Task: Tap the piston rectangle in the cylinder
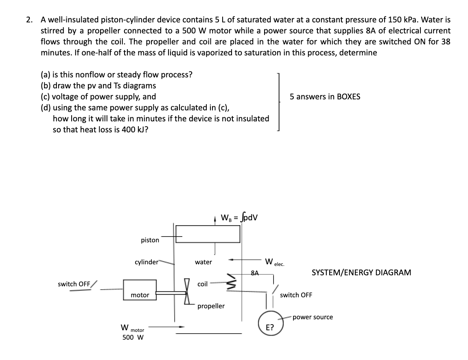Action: point(208,234)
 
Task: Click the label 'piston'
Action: point(150,240)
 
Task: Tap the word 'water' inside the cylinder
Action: point(203,262)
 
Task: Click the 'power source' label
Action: point(312,317)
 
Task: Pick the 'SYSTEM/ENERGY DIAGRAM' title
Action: point(361,272)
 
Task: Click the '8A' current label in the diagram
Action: point(255,272)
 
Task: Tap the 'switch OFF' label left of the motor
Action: point(74,284)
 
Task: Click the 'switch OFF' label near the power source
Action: point(296,295)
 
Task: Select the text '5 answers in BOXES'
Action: point(325,97)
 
